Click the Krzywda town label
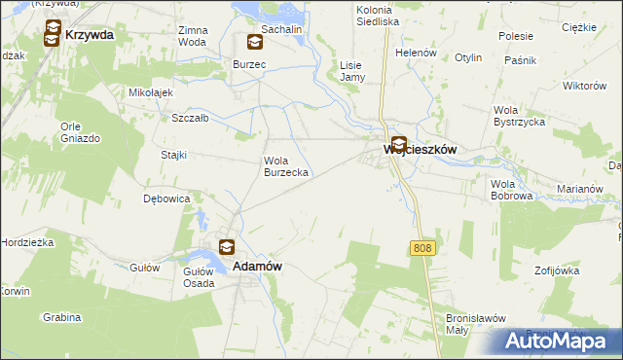(90, 35)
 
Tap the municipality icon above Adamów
(227, 247)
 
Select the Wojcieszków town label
(421, 150)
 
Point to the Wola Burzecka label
(287, 166)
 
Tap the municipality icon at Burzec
(254, 42)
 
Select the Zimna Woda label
(192, 36)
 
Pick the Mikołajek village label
(151, 92)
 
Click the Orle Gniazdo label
(80, 132)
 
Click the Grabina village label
(61, 317)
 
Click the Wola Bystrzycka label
(520, 116)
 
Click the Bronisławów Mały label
(471, 323)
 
